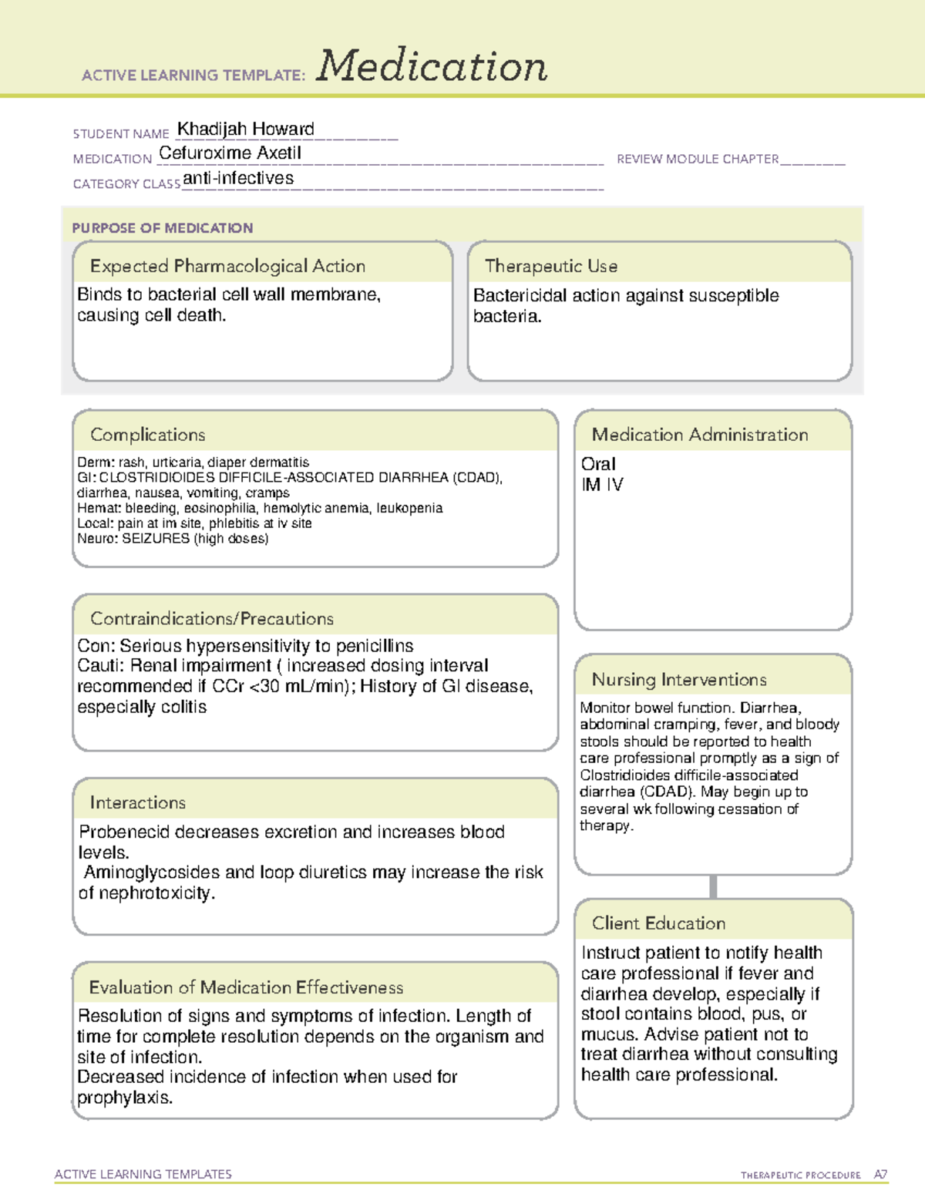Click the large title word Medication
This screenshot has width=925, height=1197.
432,66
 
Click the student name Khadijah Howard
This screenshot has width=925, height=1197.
246,129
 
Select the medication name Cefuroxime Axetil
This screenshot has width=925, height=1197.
230,153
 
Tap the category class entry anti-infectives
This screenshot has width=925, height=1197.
238,178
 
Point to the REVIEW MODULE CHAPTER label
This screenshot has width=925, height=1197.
698,159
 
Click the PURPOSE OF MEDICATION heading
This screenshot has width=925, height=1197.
163,228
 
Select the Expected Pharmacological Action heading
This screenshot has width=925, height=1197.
227,266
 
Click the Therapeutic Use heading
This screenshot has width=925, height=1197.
550,266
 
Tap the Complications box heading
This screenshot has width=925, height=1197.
147,435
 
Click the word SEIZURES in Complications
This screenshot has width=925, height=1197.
156,539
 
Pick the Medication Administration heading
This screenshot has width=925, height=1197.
699,435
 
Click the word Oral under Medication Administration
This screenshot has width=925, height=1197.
598,464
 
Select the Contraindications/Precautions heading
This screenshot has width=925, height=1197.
212,618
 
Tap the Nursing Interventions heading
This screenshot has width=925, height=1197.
678,680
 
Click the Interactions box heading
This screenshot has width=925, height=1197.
137,802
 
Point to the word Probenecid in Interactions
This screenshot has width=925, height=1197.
124,832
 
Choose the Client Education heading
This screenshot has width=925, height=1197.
658,923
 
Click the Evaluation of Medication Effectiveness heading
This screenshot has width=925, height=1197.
246,987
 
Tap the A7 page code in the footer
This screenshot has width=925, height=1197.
880,1175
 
